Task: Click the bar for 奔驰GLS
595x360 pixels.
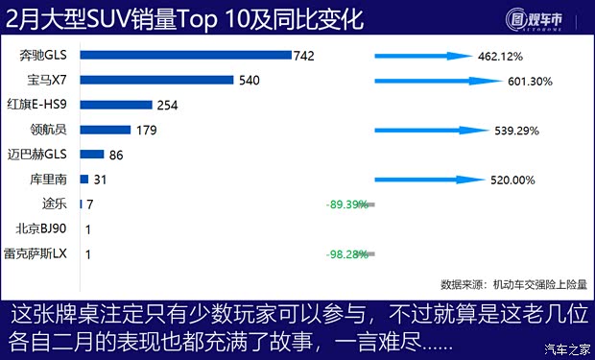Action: [185, 55]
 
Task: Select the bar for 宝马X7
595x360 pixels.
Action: [157, 80]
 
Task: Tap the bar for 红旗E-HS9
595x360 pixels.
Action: [115, 104]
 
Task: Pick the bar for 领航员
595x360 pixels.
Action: [105, 129]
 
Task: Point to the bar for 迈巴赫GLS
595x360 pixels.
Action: [92, 154]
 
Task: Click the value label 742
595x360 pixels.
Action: [304, 56]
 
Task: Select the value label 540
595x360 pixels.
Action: [249, 80]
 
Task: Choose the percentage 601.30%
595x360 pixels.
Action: [531, 82]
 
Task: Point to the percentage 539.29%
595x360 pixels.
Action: [517, 130]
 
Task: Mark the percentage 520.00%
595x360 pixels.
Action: [510, 179]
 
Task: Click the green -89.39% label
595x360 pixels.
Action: [346, 204]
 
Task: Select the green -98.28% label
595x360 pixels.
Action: [346, 253]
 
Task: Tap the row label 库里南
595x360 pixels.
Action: [48, 179]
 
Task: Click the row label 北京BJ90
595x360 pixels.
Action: [41, 228]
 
